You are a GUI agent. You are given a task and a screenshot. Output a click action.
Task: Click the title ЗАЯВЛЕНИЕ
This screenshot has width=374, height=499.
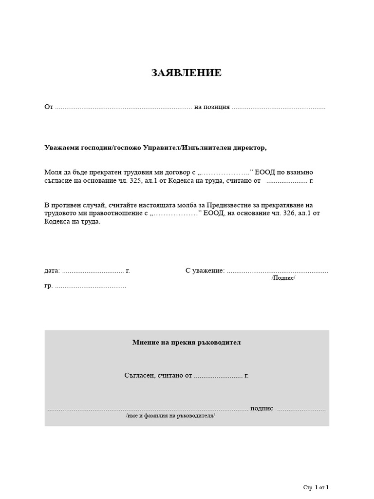tap(187, 73)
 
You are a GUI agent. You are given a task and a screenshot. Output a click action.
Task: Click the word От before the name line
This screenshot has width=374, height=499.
tap(48, 107)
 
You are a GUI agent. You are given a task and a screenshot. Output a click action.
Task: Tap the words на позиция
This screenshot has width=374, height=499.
tap(212, 107)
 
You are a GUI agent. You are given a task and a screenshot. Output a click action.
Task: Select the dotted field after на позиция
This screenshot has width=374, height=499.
tap(279, 107)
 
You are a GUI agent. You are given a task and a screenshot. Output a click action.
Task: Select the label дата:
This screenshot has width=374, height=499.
tap(52, 270)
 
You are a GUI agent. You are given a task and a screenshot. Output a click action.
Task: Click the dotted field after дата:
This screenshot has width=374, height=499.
tap(93, 270)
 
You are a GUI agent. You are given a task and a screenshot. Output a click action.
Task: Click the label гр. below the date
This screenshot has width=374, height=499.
tap(48, 286)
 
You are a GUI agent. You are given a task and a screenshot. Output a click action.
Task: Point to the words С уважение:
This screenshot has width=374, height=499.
tap(205, 270)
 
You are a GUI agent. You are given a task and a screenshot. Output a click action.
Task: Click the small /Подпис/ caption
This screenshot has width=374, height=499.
tap(283, 278)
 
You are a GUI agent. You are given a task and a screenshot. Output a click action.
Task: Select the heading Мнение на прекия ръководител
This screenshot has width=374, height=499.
tap(187, 343)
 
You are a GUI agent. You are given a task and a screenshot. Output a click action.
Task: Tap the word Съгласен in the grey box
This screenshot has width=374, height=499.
tap(139, 375)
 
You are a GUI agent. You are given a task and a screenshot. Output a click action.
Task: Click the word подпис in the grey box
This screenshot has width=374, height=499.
tap(262, 408)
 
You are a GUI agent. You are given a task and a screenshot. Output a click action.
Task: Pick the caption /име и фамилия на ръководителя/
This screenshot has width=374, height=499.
tap(170, 416)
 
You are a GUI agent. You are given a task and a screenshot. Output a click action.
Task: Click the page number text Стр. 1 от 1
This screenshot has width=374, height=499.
tap(316, 487)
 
